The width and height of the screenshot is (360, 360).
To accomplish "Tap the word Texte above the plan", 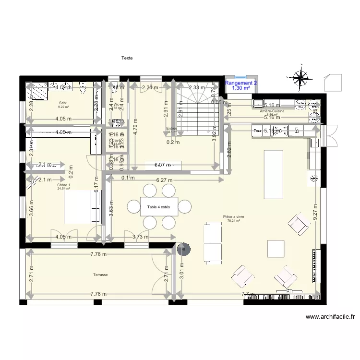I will pyautogui.click(x=127, y=58).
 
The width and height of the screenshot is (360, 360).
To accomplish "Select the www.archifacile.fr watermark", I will pyautogui.click(x=331, y=317).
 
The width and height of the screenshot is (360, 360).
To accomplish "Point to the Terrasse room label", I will pyautogui.click(x=100, y=275).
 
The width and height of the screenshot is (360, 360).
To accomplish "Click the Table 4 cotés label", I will pyautogui.click(x=159, y=207).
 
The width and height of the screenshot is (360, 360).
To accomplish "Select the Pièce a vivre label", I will pyautogui.click(x=234, y=216).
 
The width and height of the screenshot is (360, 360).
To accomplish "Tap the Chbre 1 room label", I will pyautogui.click(x=63, y=185).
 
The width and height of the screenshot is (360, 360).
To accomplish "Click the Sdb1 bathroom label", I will pyautogui.click(x=63, y=103).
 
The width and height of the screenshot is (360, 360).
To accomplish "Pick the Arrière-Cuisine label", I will pyautogui.click(x=272, y=111).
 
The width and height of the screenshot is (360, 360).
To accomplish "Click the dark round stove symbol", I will pyautogui.click(x=183, y=249).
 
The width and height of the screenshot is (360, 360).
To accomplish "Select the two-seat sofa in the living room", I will pyautogui.click(x=213, y=242).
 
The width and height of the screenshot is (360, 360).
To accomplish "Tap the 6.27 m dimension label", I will pyautogui.click(x=165, y=180).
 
